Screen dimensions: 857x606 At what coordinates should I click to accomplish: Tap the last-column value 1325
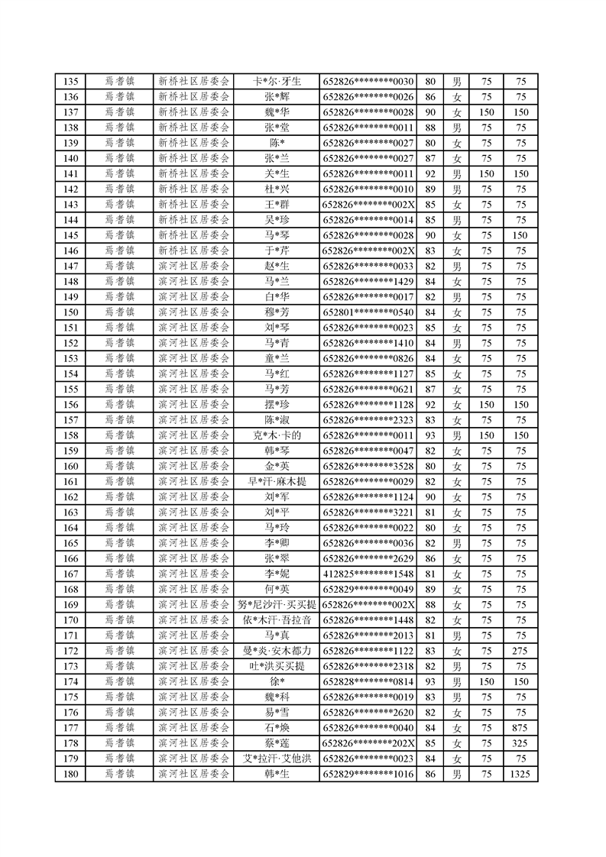click(520, 775)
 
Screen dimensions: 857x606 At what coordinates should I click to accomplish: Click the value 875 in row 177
click(520, 728)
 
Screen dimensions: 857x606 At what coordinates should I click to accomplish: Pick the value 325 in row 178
click(520, 743)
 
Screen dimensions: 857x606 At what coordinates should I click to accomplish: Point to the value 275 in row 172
click(520, 651)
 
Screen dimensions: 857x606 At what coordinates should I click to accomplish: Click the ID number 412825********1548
click(368, 574)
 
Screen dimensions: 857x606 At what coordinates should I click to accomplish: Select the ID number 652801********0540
click(368, 312)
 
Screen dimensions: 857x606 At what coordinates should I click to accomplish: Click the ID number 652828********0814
click(368, 681)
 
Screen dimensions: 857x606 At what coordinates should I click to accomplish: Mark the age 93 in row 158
click(429, 435)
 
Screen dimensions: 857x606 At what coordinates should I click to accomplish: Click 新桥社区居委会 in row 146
click(193, 251)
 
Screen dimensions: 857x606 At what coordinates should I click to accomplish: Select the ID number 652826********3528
click(368, 466)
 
